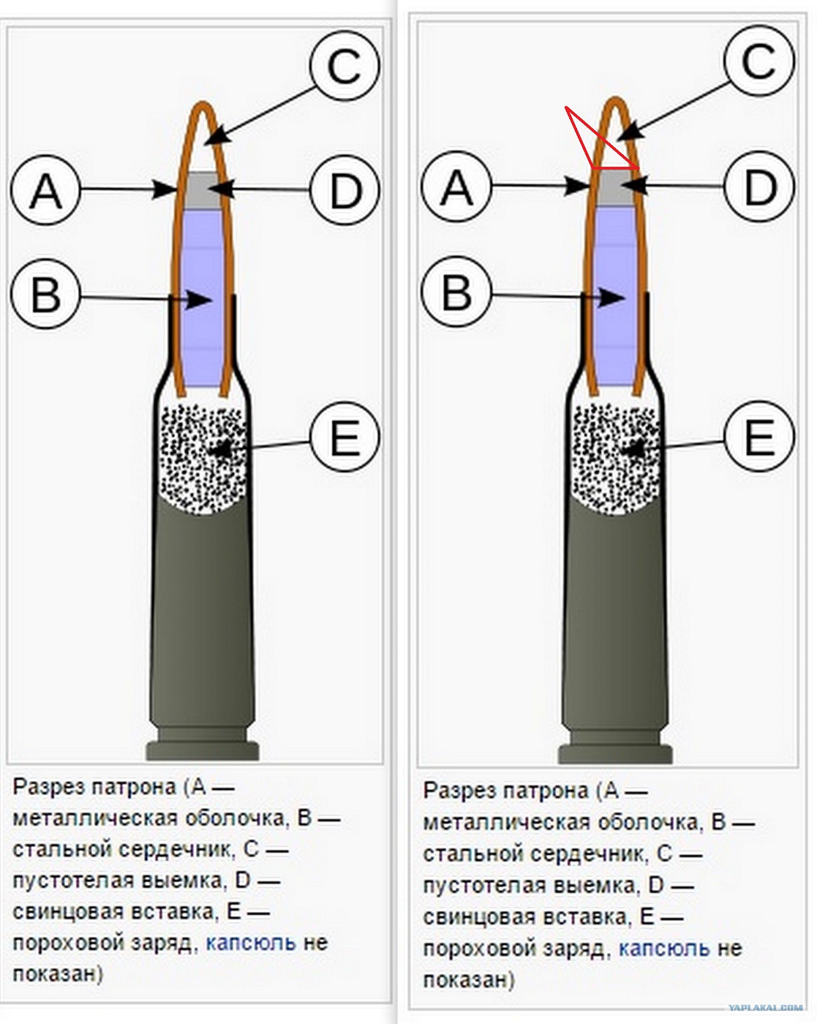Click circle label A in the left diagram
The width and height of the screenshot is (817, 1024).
[46, 191]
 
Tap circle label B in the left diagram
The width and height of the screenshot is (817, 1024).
[46, 295]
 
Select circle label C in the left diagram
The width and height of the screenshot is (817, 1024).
[345, 66]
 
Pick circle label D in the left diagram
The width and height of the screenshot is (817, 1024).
[345, 191]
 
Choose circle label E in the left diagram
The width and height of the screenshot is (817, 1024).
[345, 437]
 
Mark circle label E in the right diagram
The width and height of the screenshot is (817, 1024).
[759, 436]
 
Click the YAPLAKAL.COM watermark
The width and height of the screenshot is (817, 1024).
[765, 1008]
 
